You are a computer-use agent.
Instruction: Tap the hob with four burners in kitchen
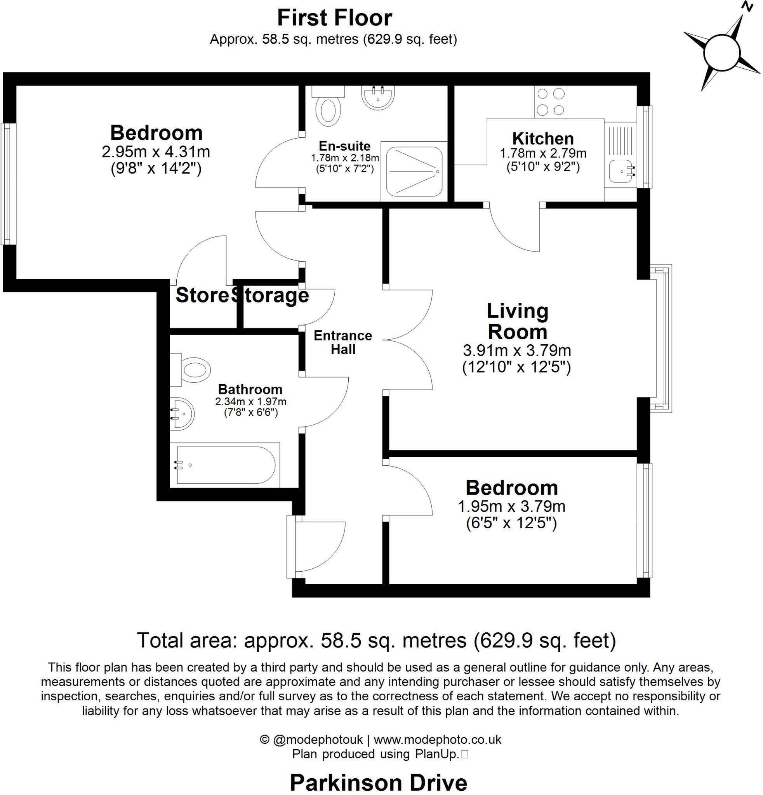(x=550, y=102)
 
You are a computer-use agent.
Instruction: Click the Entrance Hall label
(x=343, y=342)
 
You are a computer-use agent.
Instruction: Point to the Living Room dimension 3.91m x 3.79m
(x=517, y=350)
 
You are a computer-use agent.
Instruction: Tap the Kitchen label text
(x=543, y=139)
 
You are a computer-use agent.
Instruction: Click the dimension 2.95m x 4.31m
(x=156, y=152)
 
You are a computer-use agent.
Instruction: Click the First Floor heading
(x=334, y=18)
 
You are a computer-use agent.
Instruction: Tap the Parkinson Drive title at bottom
(x=378, y=783)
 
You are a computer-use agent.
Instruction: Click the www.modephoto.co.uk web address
(x=437, y=739)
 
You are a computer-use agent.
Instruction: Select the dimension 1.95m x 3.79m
(x=511, y=506)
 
